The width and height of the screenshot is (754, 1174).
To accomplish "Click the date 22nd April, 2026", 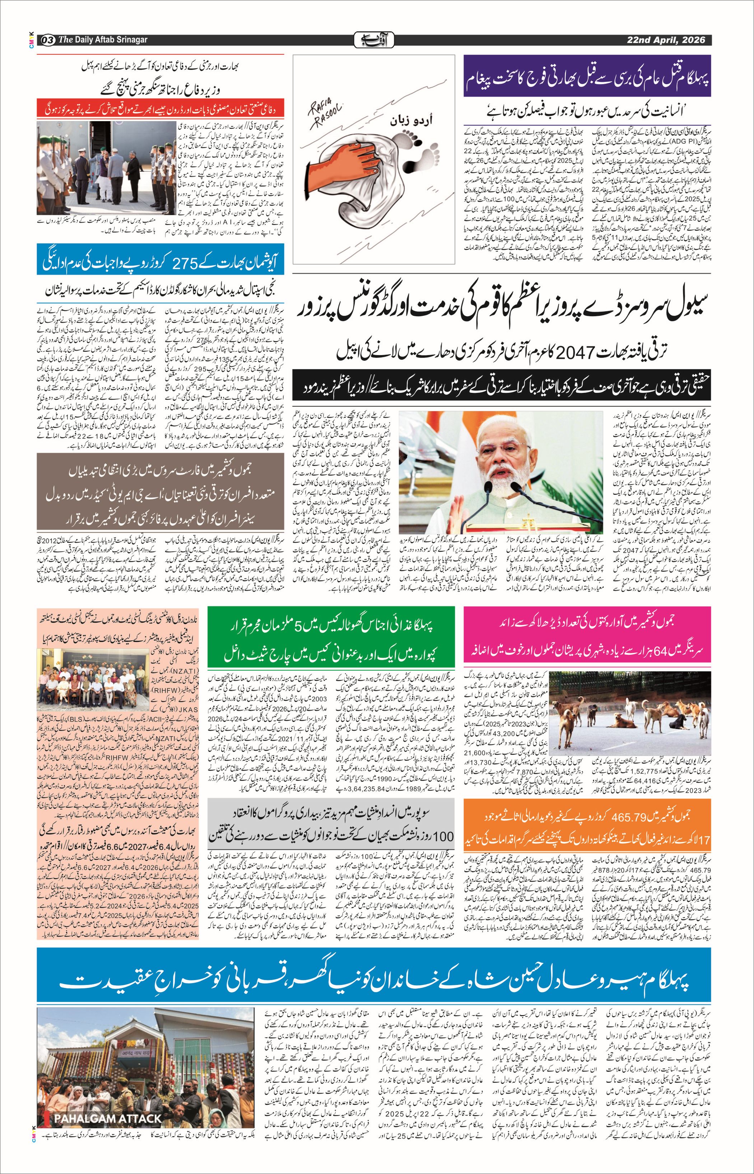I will point(666,40).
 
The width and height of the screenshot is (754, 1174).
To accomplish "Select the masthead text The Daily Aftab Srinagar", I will point(103,40).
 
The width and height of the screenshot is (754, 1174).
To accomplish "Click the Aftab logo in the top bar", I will point(374,40).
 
